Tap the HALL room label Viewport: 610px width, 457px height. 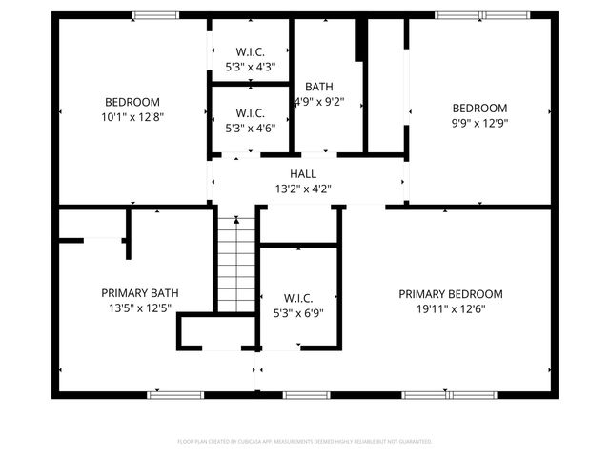pyautogui.click(x=303, y=173)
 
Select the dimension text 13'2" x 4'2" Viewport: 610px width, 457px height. pyautogui.click(x=303, y=189)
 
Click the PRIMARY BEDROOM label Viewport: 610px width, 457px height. pyautogui.click(x=450, y=294)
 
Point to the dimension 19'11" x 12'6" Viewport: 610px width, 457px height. pyautogui.click(x=450, y=308)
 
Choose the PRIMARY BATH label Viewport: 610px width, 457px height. pyautogui.click(x=140, y=293)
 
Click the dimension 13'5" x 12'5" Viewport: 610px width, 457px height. pyautogui.click(x=140, y=308)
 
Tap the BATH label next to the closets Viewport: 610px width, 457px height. pyautogui.click(x=318, y=87)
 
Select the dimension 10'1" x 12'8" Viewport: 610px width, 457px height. pyautogui.click(x=132, y=116)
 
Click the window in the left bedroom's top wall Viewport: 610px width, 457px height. pyautogui.click(x=155, y=15)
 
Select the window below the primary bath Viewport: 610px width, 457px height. pyautogui.click(x=169, y=394)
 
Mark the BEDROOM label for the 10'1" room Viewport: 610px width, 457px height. pyautogui.click(x=132, y=102)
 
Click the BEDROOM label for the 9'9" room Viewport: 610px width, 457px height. pyautogui.click(x=479, y=108)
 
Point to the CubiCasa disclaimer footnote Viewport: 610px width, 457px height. pyautogui.click(x=305, y=441)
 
